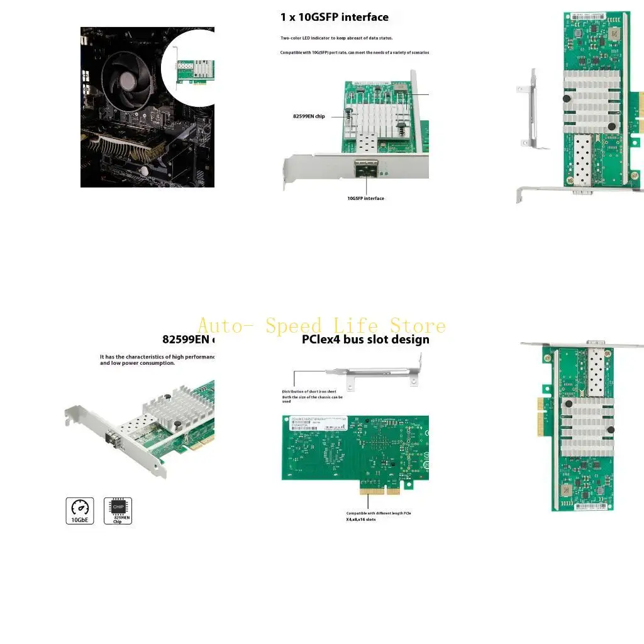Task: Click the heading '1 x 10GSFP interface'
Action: click(334, 17)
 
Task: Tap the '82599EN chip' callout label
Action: click(309, 116)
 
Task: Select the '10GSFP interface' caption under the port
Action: click(365, 199)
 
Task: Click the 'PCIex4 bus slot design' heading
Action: click(365, 340)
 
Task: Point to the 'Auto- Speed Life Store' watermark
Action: click(321, 326)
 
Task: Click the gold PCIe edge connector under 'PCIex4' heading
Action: click(380, 488)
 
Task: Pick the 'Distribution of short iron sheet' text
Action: click(309, 392)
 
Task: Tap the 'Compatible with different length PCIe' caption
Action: click(379, 513)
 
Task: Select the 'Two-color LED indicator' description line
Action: click(336, 38)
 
